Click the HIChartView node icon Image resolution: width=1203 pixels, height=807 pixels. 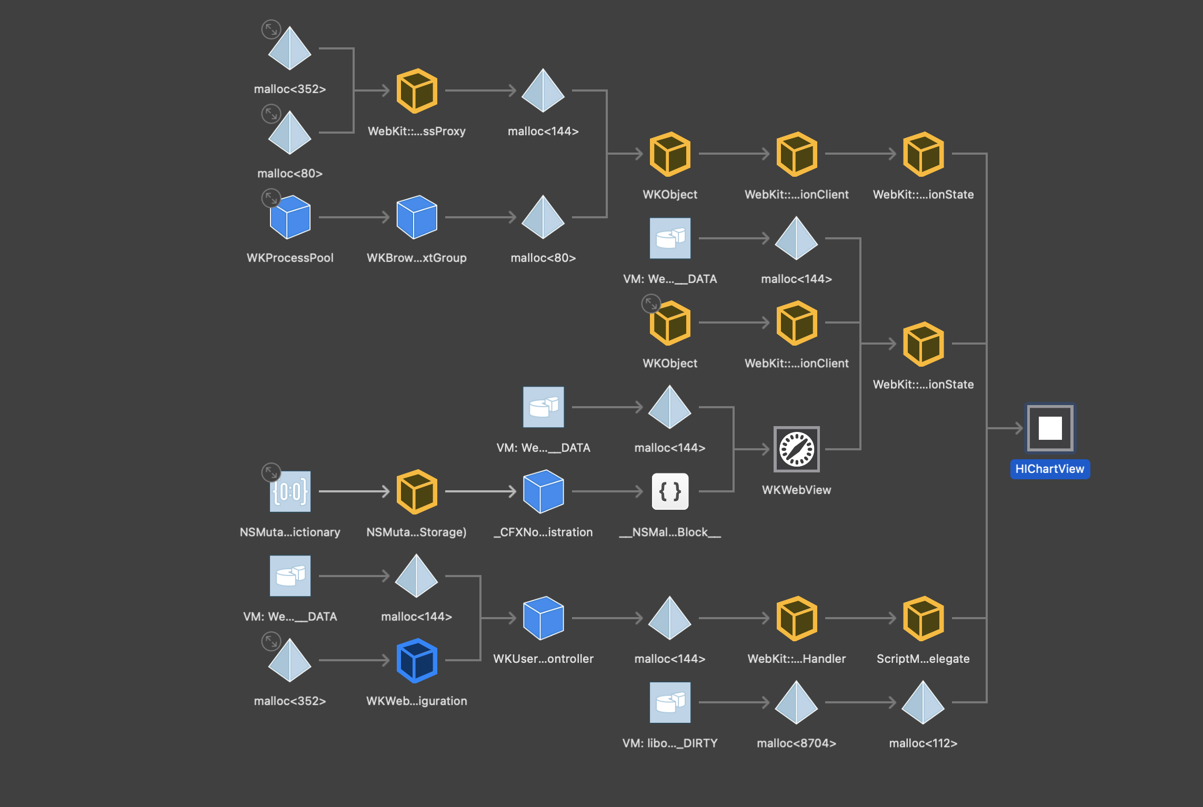pyautogui.click(x=1050, y=428)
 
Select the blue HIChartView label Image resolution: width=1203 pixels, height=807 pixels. pyautogui.click(x=1049, y=469)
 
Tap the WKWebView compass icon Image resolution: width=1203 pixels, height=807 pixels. pyautogui.click(x=796, y=449)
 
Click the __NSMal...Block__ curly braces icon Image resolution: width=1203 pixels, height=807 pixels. pyautogui.click(x=670, y=491)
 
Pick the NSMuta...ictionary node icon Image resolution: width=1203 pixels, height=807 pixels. pyautogui.click(x=290, y=491)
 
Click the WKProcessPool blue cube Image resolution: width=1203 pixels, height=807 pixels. pyautogui.click(x=290, y=217)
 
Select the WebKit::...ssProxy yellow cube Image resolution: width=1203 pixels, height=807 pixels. pyautogui.click(x=417, y=91)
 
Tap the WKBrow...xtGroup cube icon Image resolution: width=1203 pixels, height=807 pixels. pyautogui.click(x=417, y=217)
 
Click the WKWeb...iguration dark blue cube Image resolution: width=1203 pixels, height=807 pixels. pyautogui.click(x=417, y=660)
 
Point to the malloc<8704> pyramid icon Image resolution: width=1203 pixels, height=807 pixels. pyautogui.click(x=796, y=703)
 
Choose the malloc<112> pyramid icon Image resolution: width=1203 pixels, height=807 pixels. pyautogui.click(x=923, y=703)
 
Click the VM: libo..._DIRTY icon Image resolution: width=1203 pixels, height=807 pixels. pyautogui.click(x=670, y=702)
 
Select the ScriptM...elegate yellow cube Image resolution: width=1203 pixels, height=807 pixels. pyautogui.click(x=923, y=619)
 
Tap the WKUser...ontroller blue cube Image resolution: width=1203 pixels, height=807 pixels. pyautogui.click(x=543, y=618)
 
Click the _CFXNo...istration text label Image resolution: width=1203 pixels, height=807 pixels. pyautogui.click(x=543, y=532)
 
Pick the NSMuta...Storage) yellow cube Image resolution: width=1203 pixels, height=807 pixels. pyautogui.click(x=417, y=491)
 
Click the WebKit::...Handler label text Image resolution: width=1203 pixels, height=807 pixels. pyautogui.click(x=796, y=659)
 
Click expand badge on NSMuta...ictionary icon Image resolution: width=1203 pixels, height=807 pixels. pyautogui.click(x=271, y=472)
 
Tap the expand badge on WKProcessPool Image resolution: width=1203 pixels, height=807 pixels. pyautogui.click(x=271, y=198)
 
